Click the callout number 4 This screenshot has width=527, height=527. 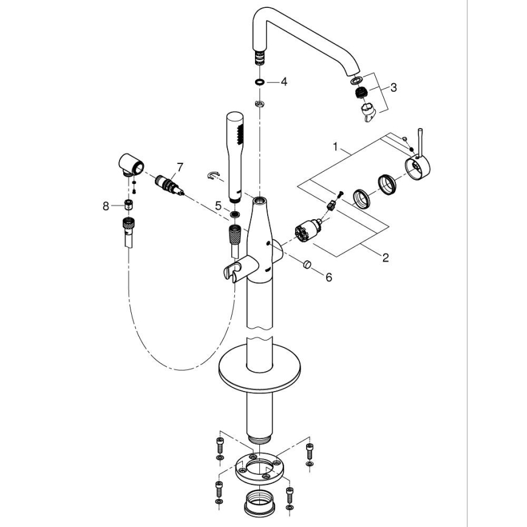[x=283, y=82]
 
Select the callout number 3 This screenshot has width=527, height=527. [x=393, y=87]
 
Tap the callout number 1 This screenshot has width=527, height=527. [x=335, y=146]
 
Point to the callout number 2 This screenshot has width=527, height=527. [x=386, y=257]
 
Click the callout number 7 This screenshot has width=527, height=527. [x=179, y=166]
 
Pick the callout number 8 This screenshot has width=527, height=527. [x=106, y=206]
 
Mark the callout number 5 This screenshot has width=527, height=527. [x=218, y=206]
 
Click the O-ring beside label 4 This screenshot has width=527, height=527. [x=259, y=81]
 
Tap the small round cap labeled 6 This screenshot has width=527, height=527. [x=307, y=265]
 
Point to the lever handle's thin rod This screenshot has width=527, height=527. [x=418, y=141]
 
